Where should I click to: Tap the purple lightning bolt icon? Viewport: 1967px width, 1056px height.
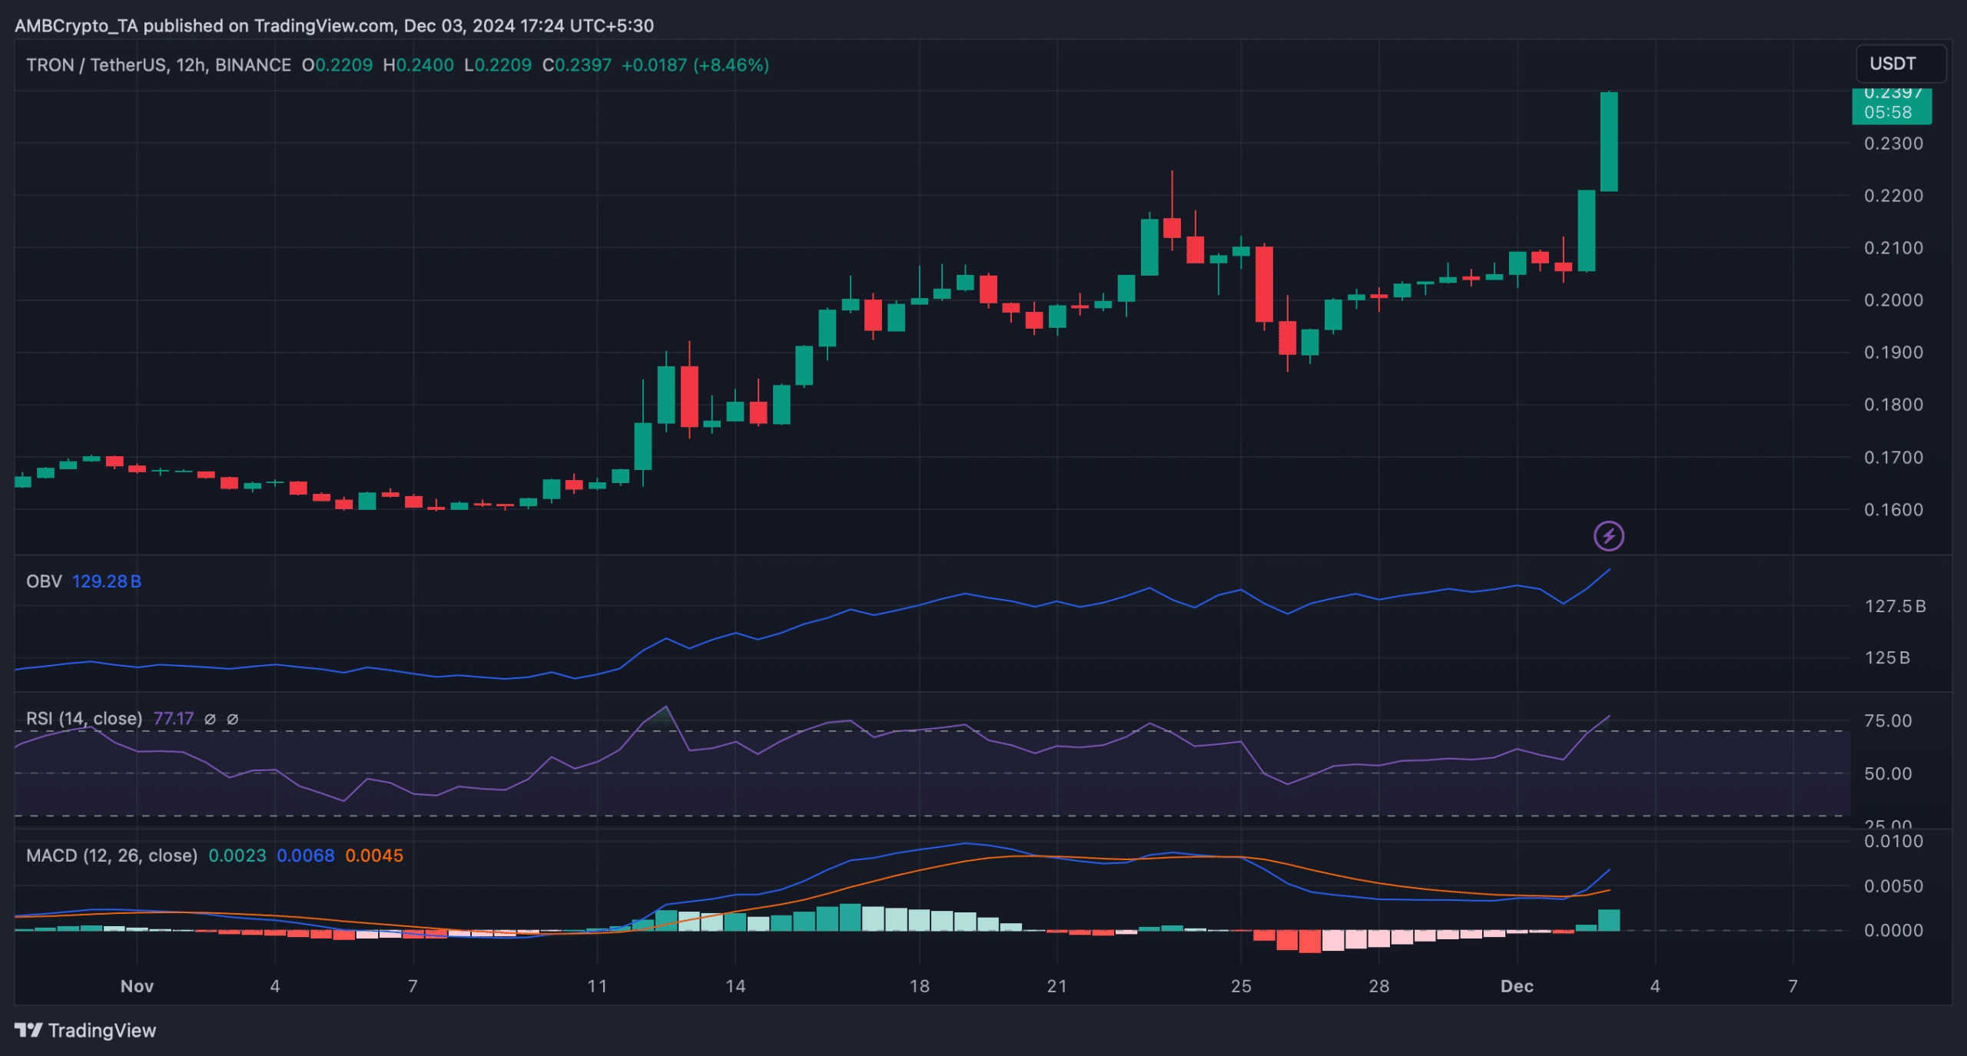click(x=1608, y=536)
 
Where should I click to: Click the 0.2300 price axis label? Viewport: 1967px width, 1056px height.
click(x=1893, y=144)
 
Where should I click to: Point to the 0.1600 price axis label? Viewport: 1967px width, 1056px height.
click(x=1893, y=509)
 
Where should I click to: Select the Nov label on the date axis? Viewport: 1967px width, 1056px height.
click(x=137, y=986)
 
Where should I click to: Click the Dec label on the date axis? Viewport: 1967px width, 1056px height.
click(x=1517, y=986)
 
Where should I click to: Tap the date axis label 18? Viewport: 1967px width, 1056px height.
click(x=919, y=986)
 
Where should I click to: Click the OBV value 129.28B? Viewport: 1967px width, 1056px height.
click(x=107, y=581)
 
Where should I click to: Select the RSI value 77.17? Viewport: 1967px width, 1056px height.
click(x=174, y=719)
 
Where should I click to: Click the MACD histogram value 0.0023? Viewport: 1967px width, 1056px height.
click(x=237, y=856)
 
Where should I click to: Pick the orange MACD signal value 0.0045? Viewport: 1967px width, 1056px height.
click(x=374, y=856)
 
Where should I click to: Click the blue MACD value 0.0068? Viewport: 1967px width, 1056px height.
click(x=306, y=856)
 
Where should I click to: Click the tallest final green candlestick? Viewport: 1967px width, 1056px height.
click(x=1608, y=142)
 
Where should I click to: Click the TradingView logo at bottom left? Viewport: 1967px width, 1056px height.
click(x=85, y=1031)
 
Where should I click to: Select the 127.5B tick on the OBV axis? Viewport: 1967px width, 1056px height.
click(x=1895, y=607)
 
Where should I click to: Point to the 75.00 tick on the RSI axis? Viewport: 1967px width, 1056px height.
click(x=1888, y=721)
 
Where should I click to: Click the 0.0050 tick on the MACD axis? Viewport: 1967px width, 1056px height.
click(x=1893, y=886)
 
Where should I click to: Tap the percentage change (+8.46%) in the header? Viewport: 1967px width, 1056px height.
click(x=731, y=65)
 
